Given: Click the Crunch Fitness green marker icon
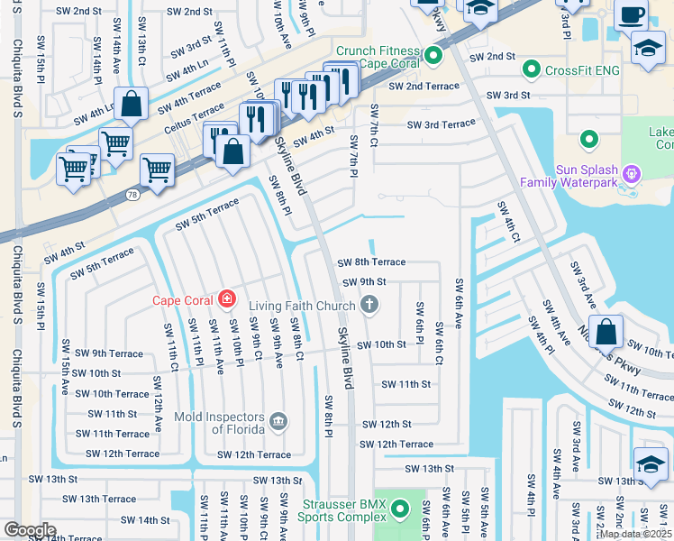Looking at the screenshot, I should [433, 57].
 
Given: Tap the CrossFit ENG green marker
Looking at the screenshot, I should [532, 69].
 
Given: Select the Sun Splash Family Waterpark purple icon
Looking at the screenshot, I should [632, 170].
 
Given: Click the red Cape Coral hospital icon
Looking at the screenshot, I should [227, 299].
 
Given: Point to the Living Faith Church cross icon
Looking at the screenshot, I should [368, 306].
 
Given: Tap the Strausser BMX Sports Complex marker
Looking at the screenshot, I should [400, 512].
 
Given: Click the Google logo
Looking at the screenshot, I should [29, 530].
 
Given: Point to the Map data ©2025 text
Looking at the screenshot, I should [635, 534].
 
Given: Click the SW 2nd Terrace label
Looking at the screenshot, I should [424, 87].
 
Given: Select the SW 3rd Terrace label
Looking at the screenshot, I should [441, 125].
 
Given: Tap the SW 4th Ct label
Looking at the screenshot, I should [508, 223].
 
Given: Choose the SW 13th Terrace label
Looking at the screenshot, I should [95, 499].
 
